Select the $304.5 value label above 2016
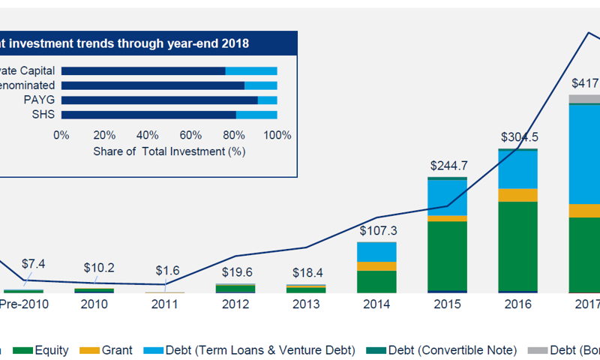[x=519, y=137]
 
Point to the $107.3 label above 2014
[x=376, y=230]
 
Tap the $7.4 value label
[x=33, y=264]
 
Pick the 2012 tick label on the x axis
[x=235, y=304]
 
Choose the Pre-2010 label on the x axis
[x=25, y=304]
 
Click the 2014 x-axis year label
[x=376, y=304]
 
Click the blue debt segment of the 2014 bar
[x=376, y=251]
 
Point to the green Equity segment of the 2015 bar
[x=448, y=255]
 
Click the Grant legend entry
[x=111, y=350]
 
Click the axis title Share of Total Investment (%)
[x=170, y=151]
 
